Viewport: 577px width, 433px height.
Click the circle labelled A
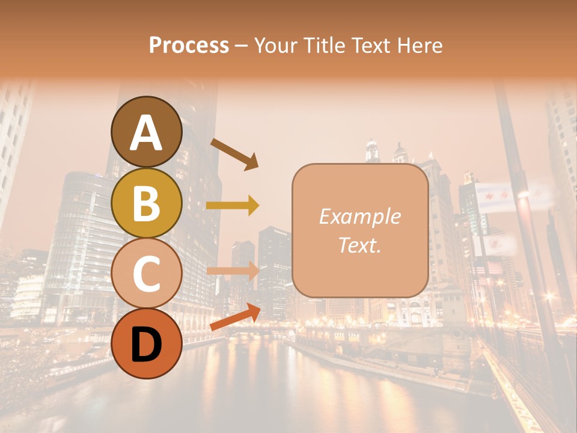pyautogui.click(x=146, y=132)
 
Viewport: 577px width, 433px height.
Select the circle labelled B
pyautogui.click(x=146, y=203)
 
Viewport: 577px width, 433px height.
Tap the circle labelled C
pyautogui.click(x=146, y=274)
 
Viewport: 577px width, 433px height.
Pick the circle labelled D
pyautogui.click(x=146, y=343)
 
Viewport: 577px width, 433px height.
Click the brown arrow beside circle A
pyautogui.click(x=234, y=153)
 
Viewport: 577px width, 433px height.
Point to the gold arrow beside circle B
pyautogui.click(x=233, y=206)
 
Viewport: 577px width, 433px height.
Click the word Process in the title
pyautogui.click(x=189, y=45)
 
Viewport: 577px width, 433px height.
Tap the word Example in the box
pyautogui.click(x=359, y=216)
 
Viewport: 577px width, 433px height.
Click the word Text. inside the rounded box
pyautogui.click(x=359, y=245)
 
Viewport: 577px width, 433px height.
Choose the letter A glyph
pyautogui.click(x=146, y=133)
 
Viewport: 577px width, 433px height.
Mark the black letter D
pyautogui.click(x=146, y=344)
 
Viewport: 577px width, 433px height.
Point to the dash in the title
pyautogui.click(x=241, y=46)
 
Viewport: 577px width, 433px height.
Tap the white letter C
pyautogui.click(x=146, y=274)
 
